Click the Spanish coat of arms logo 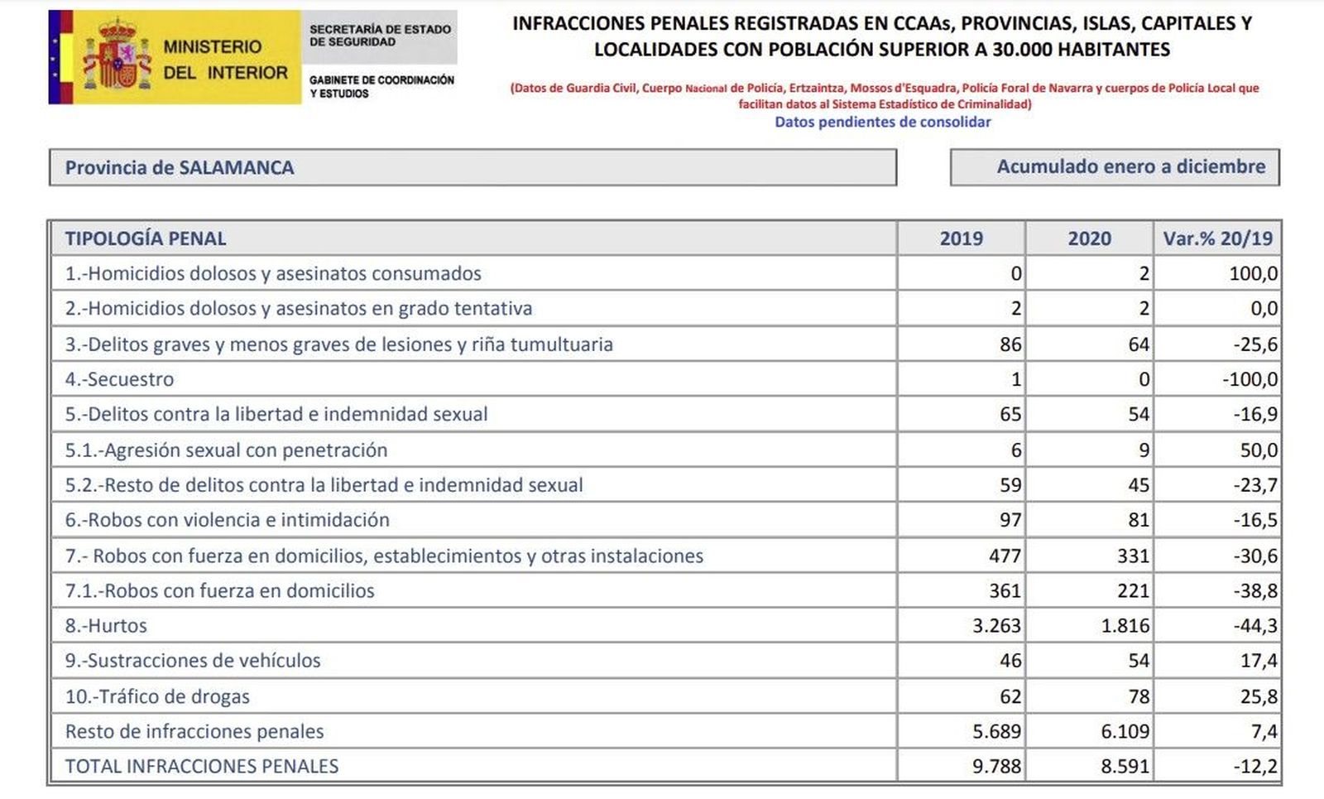(118, 56)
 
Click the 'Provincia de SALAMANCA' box (472, 167)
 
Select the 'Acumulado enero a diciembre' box (1115, 166)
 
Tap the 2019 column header (961, 238)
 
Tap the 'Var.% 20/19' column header (1217, 238)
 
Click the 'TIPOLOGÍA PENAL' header (146, 238)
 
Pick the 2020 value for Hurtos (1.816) (1125, 626)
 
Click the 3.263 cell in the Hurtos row (996, 626)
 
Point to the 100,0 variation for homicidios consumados (1253, 274)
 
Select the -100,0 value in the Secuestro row (1250, 380)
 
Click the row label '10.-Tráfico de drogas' (157, 696)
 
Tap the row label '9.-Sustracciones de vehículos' (193, 661)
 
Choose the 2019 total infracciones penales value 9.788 (996, 767)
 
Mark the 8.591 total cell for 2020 (1125, 767)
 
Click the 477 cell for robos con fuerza (1005, 556)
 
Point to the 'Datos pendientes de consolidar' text (882, 122)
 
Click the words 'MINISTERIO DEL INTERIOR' (225, 60)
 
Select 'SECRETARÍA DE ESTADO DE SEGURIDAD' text (380, 36)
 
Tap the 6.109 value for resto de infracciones (1125, 732)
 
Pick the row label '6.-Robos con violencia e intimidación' (228, 520)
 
